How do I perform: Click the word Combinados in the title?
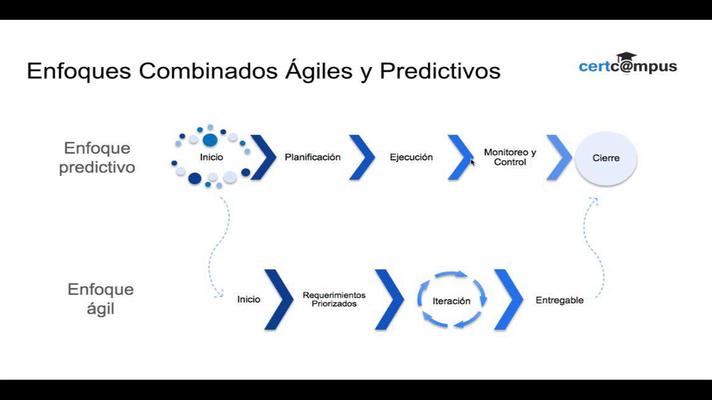tap(208, 71)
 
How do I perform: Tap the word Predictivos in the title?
tap(440, 71)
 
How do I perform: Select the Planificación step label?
tap(313, 157)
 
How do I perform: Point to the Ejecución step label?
tap(411, 157)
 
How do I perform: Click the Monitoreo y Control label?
tap(510, 157)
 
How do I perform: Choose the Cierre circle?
tap(606, 158)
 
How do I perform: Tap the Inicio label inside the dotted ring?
tap(211, 157)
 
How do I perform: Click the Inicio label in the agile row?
tap(249, 299)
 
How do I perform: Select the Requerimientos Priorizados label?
tap(334, 299)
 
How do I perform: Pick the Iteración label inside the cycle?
tap(451, 301)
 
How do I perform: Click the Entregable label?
tap(560, 301)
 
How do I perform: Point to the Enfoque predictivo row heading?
tap(97, 158)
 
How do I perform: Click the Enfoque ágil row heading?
tap(101, 299)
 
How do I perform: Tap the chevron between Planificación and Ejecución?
tap(362, 157)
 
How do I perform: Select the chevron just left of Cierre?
tap(559, 157)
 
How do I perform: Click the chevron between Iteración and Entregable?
tap(508, 299)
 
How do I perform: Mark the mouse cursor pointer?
tap(473, 162)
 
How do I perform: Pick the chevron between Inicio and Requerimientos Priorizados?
tap(279, 299)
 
